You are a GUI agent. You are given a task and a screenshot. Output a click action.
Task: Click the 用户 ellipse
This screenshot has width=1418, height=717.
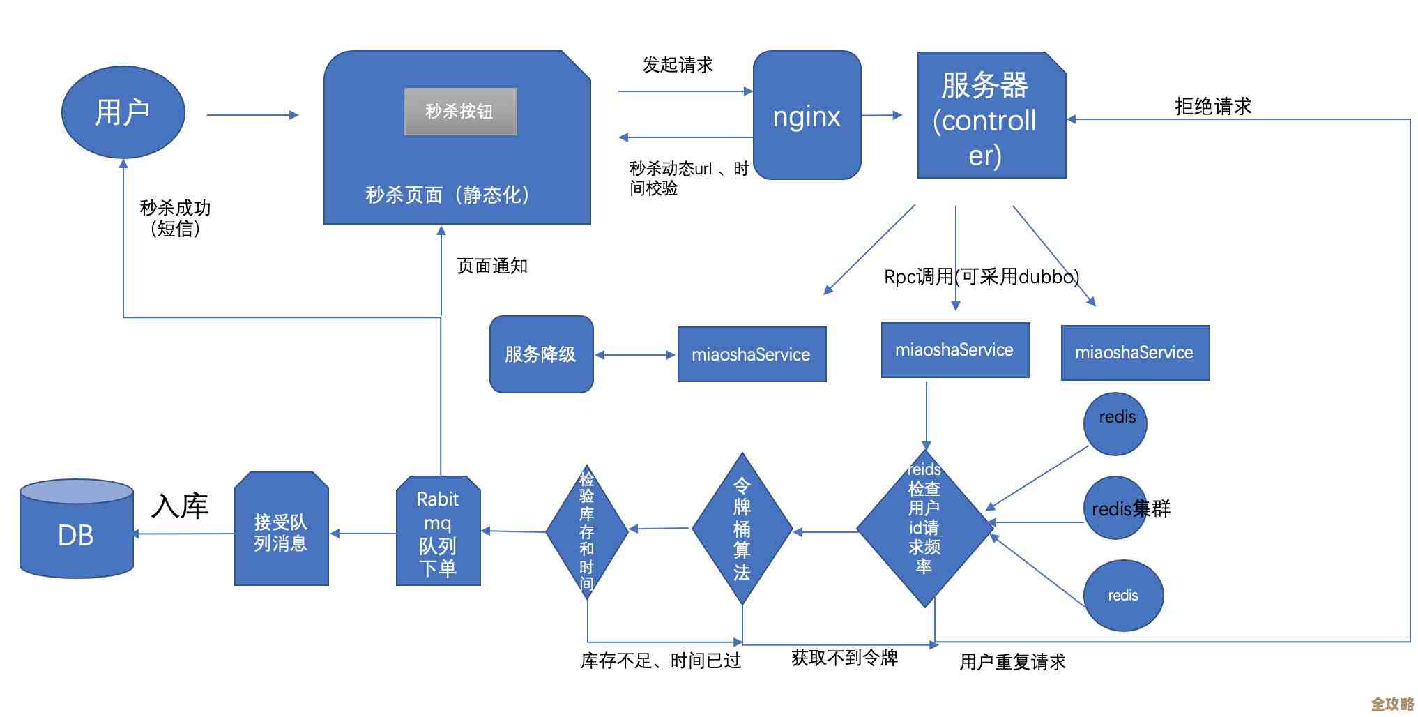coord(123,112)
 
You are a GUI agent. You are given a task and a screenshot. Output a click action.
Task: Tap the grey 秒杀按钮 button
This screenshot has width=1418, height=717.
coord(460,111)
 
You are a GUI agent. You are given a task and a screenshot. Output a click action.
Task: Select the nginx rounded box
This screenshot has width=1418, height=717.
coord(807,115)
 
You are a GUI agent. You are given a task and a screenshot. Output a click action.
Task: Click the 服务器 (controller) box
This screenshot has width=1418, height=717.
coord(991,116)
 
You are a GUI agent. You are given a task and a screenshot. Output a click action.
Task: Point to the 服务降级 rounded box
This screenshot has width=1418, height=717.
coord(541,354)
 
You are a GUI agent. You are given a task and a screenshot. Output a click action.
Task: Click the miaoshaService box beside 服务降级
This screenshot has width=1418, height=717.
coord(751,354)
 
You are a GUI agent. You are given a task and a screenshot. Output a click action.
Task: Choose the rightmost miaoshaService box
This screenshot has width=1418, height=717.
coord(1134,353)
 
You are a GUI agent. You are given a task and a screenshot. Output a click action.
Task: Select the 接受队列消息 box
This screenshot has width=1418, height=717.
coord(281,530)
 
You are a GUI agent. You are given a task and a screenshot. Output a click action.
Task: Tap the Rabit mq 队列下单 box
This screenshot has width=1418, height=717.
coord(438,531)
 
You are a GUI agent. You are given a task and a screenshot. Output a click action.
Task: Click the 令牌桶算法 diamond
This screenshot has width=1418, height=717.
coord(742,529)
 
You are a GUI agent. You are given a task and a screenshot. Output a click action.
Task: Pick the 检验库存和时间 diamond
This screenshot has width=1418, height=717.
coord(587,531)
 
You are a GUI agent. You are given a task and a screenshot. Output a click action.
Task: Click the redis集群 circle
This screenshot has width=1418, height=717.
coord(1115,508)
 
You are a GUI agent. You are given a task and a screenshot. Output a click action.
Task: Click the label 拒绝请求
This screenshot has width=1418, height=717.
coord(1212,107)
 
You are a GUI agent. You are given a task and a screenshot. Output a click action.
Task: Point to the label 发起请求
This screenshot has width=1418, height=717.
coord(677,66)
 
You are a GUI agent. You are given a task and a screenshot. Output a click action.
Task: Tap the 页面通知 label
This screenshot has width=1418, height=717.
coord(491,266)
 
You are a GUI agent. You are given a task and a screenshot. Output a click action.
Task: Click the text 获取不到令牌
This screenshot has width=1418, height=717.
coord(844,658)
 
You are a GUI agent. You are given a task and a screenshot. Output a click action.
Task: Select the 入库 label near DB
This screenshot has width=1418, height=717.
coord(179,506)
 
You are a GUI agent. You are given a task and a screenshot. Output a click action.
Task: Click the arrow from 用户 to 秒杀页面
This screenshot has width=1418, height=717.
coord(252,115)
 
